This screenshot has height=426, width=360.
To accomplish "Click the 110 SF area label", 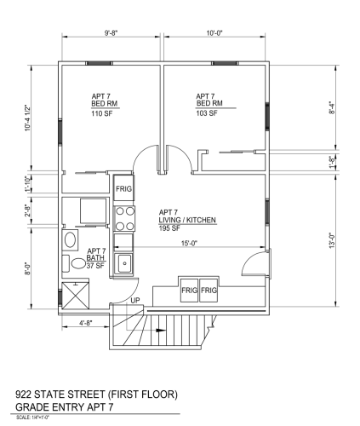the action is point(102,113).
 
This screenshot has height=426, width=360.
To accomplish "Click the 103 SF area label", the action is point(207,113).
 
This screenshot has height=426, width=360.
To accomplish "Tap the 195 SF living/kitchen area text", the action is point(169,228).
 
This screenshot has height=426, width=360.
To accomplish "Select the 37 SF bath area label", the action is point(95,266).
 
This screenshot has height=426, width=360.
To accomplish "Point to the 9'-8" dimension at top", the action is point(111,33).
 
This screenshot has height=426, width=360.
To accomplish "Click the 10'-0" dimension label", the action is point(214,33).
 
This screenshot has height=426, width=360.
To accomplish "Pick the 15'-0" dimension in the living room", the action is point(189,244).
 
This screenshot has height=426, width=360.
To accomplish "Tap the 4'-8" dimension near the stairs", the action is point(86,323).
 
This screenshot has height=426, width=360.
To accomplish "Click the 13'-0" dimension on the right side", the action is point(332,240).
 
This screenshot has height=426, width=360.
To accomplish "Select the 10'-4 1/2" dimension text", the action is point(27,118).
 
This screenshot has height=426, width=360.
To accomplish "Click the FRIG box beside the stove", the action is point(123,188).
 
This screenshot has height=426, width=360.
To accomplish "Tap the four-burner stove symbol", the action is point(124,219).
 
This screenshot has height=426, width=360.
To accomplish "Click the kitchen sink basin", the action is point(124,264).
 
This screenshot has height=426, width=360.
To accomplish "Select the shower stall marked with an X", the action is point(76,296).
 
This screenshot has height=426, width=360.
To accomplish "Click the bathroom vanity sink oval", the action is point(70,240).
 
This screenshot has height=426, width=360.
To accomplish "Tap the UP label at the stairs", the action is point(135,300).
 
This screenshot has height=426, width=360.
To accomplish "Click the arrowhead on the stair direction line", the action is point(162,331).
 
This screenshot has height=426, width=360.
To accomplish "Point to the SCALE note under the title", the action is point(33,417).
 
